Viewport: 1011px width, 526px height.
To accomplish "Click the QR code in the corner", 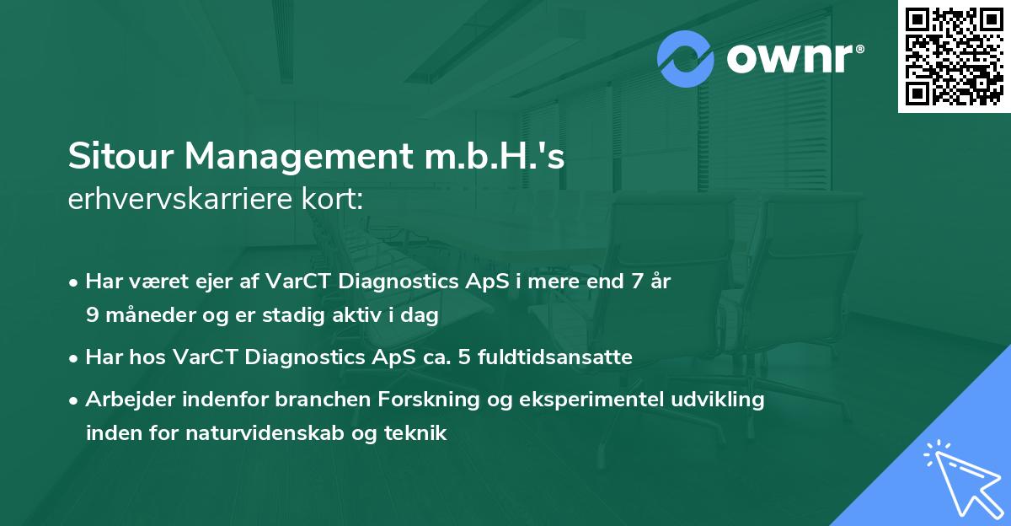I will [955, 56].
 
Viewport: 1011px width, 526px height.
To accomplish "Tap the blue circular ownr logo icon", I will [686, 59].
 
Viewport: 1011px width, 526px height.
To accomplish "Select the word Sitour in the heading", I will [119, 158].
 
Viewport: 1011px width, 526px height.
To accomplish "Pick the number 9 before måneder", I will [92, 315].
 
